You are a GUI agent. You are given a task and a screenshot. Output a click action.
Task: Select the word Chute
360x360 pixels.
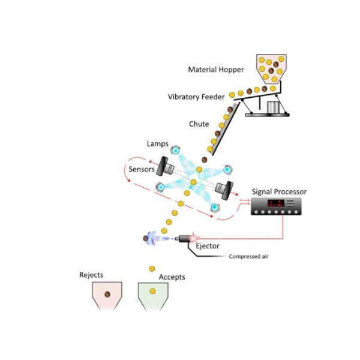click(199, 124)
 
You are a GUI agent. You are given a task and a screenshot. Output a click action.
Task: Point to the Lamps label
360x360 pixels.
click(157, 144)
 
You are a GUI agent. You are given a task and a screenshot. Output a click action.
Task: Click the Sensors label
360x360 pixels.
click(142, 169)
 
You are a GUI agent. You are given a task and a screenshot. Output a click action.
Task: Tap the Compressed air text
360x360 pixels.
click(248, 257)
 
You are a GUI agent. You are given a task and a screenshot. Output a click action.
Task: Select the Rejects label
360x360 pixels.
click(91, 275)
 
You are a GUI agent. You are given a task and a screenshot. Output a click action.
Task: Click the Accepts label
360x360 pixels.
click(172, 277)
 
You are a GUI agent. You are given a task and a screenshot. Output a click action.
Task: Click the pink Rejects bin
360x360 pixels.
click(107, 296)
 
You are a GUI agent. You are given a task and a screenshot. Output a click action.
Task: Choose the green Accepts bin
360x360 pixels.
click(154, 296)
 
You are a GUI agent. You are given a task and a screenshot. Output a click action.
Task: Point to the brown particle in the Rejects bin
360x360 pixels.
click(107, 294)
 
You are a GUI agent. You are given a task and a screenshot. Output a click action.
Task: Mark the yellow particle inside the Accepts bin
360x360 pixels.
click(153, 292)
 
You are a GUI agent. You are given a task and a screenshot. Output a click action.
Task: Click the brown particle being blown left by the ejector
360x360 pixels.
click(146, 239)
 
